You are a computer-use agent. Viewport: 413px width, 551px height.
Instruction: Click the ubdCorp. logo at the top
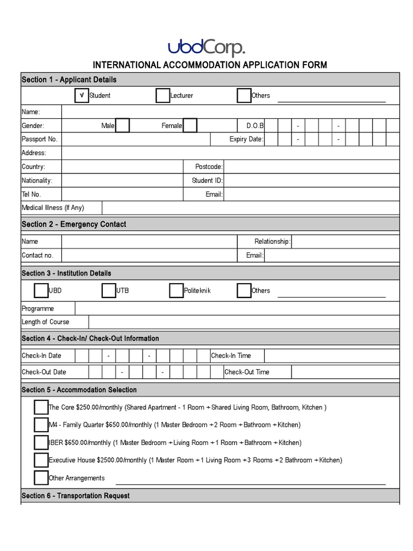[206, 48]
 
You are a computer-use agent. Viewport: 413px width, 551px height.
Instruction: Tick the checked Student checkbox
[82, 95]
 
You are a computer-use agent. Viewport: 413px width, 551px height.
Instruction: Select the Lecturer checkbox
[163, 95]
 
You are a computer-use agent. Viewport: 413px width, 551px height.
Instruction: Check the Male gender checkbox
[123, 125]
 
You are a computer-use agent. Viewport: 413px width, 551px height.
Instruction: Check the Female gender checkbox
[190, 125]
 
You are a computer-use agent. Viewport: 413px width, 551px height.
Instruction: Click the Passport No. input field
[136, 139]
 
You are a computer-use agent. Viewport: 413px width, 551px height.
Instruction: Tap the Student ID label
[207, 181]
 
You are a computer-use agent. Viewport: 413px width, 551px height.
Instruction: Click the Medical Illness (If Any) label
[53, 208]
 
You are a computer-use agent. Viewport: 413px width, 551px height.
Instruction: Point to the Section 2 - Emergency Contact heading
[74, 224]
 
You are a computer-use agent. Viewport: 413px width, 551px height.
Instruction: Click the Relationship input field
[346, 242]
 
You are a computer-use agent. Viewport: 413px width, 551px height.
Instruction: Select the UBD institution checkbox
[41, 291]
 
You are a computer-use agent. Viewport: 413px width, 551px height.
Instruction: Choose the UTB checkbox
[109, 291]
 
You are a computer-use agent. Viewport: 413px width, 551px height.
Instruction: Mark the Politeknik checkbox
[176, 291]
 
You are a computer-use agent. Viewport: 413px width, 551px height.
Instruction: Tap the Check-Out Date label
[44, 372]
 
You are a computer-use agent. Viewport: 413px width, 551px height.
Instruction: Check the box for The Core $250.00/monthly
[41, 407]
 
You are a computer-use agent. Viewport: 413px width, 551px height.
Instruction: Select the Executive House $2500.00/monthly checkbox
[41, 460]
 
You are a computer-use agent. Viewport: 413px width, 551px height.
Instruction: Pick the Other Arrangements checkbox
[41, 478]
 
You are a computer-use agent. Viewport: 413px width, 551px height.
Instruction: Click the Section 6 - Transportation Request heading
[75, 496]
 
